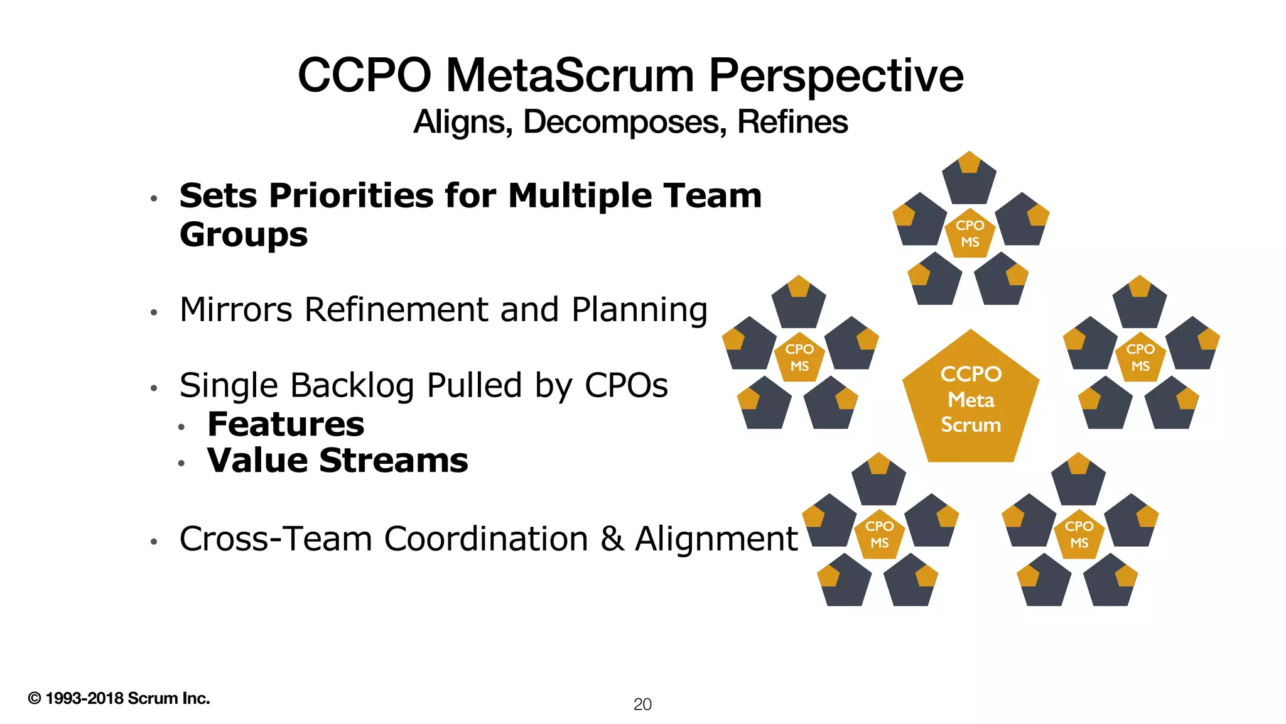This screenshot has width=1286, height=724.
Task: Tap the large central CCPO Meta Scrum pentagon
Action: [971, 400]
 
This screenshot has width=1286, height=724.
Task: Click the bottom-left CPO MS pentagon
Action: [879, 535]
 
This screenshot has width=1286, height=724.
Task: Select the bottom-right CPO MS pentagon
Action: [1079, 535]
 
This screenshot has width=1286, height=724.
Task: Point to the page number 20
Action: [642, 705]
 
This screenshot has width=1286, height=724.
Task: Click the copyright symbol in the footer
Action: [35, 698]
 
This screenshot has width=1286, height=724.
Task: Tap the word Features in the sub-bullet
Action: [286, 424]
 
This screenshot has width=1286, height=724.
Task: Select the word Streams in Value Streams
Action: [394, 461]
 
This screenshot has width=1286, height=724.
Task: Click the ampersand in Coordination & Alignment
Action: [612, 539]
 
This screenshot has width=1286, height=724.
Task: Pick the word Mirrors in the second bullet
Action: [235, 310]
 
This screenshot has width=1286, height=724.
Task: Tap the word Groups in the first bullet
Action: [244, 235]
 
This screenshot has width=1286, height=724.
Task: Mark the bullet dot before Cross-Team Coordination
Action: [153, 541]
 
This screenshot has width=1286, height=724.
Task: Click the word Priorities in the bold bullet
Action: [352, 196]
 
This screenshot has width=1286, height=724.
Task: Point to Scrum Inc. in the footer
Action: [168, 698]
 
